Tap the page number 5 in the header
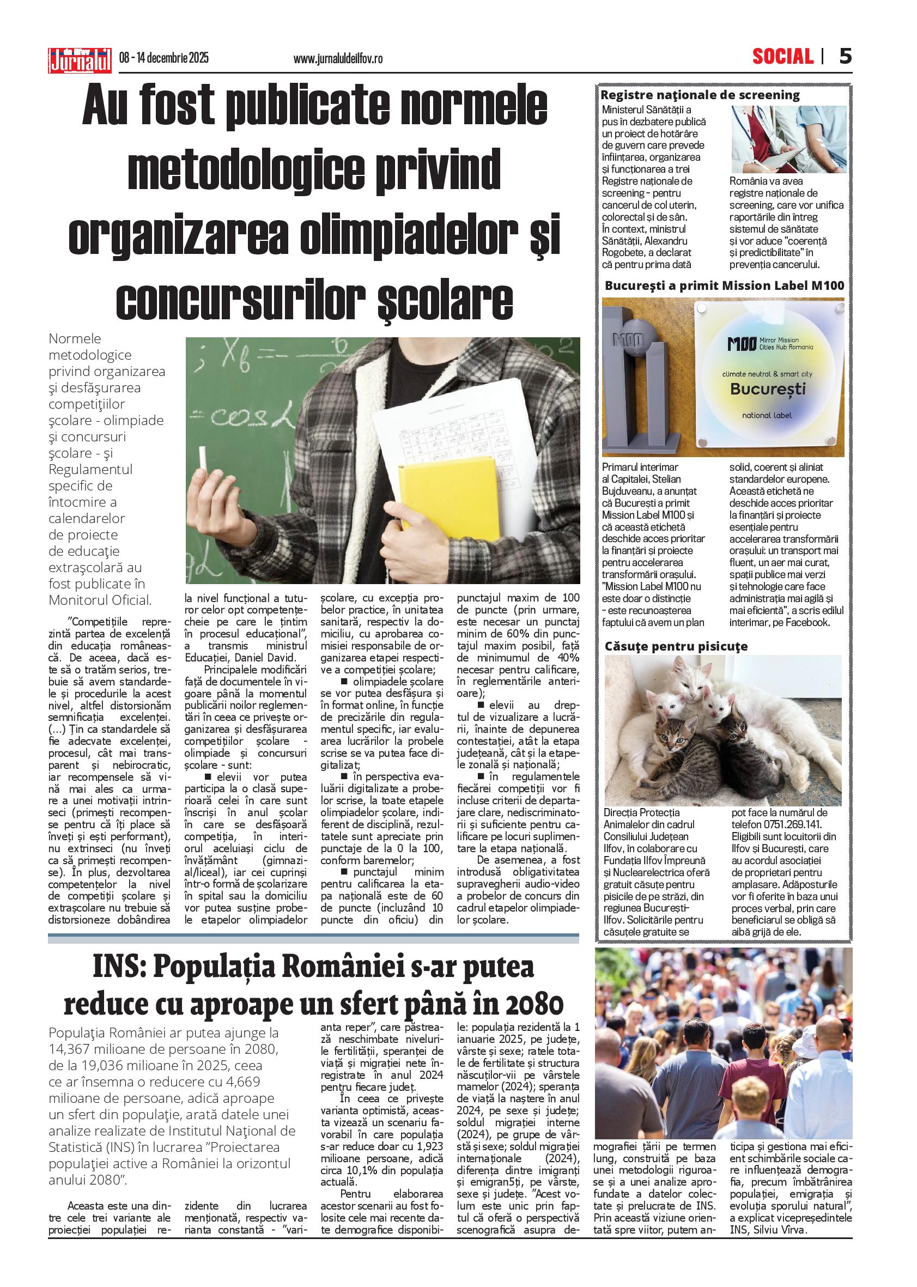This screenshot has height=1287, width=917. point(845,57)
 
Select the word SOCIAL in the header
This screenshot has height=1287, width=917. point(782,57)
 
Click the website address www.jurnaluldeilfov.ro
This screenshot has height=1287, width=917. point(338,59)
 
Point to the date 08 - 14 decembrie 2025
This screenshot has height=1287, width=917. point(164,58)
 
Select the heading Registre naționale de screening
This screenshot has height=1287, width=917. point(700,95)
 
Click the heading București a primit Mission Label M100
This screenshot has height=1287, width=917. point(724,286)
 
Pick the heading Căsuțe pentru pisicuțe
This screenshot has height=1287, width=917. point(676,646)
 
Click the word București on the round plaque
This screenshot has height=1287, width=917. point(767,388)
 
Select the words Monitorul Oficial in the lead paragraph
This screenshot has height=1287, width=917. point(99,600)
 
